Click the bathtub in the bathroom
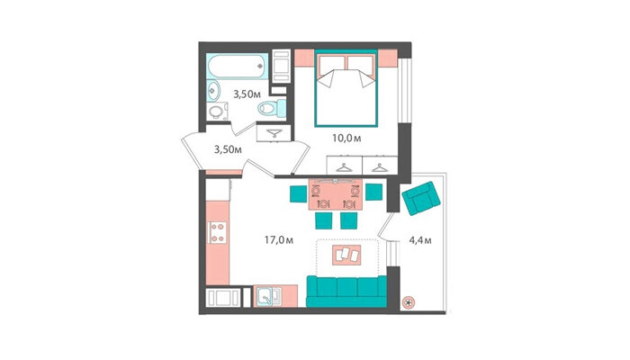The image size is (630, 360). coord(237,66)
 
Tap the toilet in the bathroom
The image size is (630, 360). coord(272,108)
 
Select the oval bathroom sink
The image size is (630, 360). coord(213,90)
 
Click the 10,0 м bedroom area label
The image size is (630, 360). coord(346,139)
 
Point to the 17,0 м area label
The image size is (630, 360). coord(278,240)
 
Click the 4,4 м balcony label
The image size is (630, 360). coord(420,240)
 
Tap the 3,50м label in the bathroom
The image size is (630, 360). coord(247,94)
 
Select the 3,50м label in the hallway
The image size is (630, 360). coord(228,150)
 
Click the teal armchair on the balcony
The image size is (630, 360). coord(420,198)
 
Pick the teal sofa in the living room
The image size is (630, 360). coord(346,292)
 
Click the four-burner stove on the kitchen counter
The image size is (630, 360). coord(217,232)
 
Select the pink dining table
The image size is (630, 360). coord(336,194)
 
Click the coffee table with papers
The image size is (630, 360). coord(346,255)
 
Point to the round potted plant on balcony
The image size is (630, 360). coord(409,302)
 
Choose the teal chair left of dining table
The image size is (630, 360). coord(299,193)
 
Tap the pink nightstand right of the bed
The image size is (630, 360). coord(388,58)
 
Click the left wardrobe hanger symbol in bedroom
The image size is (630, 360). coord(344,167)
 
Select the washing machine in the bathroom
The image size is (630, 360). coord(218,112)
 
